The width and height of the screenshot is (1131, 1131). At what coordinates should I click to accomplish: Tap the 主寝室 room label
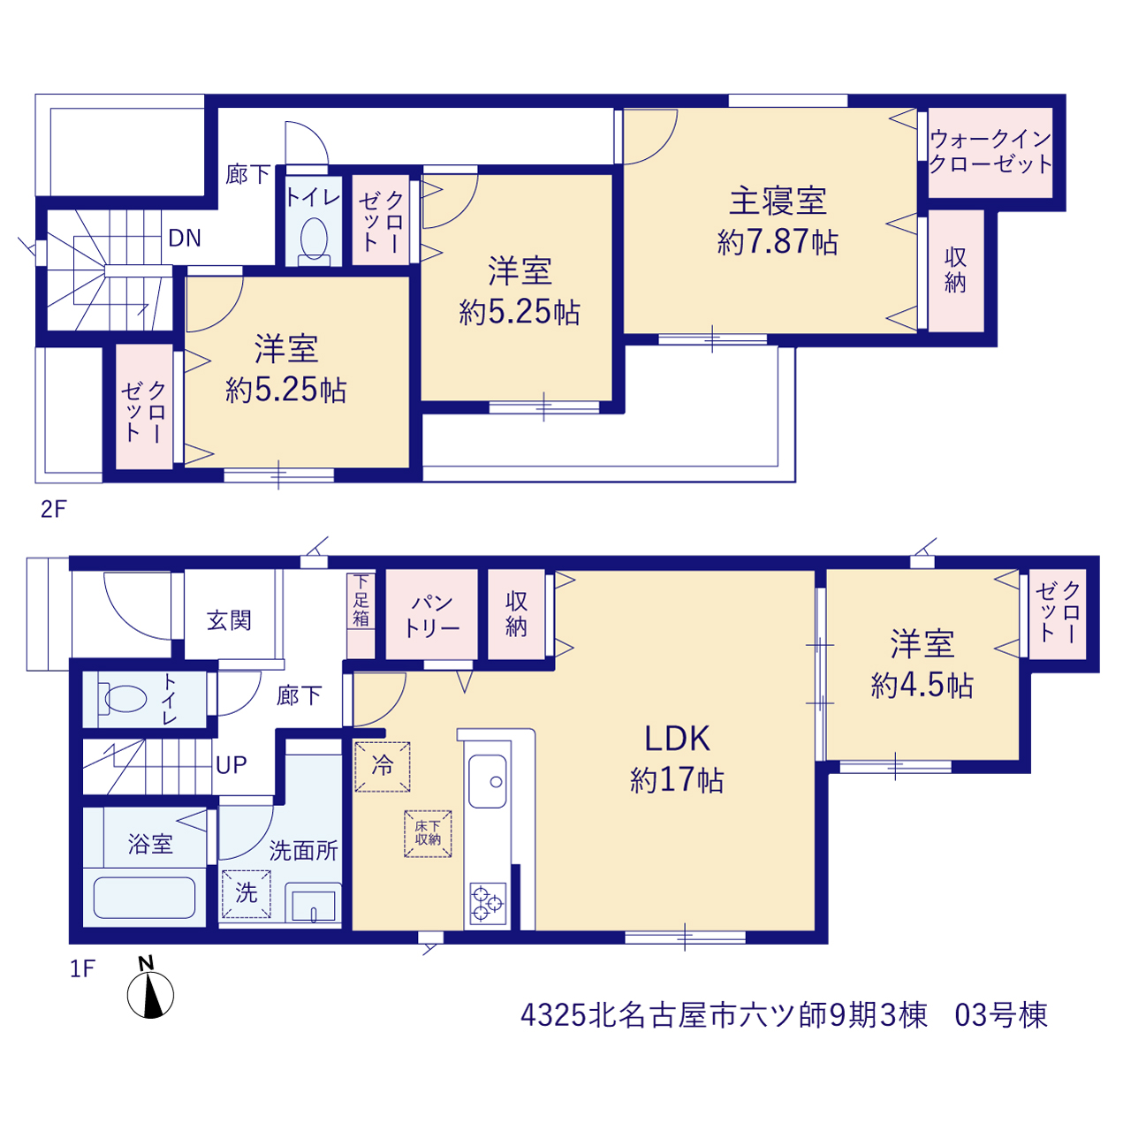click(778, 201)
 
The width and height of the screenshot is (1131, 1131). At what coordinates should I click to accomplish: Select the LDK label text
click(678, 739)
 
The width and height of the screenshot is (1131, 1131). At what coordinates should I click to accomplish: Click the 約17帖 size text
click(677, 780)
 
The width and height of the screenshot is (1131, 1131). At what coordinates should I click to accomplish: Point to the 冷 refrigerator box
click(382, 767)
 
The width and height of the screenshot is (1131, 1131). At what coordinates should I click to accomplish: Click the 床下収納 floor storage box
click(428, 833)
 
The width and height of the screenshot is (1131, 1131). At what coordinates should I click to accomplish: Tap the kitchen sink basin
click(487, 781)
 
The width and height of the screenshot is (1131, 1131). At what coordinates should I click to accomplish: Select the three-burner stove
click(488, 904)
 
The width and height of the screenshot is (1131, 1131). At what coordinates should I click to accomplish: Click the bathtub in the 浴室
click(144, 898)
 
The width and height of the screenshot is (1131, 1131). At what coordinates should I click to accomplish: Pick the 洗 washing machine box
click(247, 893)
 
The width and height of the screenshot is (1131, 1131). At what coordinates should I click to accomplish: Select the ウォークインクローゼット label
click(991, 151)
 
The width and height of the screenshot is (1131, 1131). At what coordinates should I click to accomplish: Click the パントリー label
click(431, 616)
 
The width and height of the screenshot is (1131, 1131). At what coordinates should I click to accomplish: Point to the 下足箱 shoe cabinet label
click(361, 601)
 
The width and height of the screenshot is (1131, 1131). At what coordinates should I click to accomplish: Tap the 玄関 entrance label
click(229, 620)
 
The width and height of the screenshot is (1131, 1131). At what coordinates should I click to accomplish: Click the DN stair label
click(185, 238)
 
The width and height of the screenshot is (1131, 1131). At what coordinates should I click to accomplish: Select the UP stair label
click(231, 765)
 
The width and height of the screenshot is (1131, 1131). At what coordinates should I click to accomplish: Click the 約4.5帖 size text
click(922, 685)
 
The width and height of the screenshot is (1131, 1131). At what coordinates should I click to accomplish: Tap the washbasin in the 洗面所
click(314, 902)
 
